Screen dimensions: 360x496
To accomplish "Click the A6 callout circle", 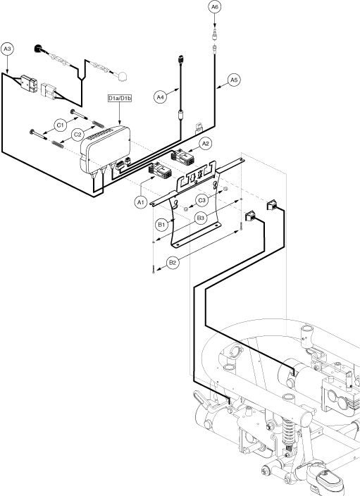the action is pyautogui.click(x=214, y=7).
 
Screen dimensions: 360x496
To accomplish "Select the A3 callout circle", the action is pyautogui.click(x=7, y=49).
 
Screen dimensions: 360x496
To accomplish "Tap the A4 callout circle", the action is pyautogui.click(x=161, y=97).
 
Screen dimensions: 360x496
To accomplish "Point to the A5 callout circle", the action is pyautogui.click(x=233, y=80).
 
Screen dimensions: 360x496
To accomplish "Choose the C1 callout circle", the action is pyautogui.click(x=60, y=125).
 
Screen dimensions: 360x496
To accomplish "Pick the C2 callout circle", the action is pyautogui.click(x=77, y=135).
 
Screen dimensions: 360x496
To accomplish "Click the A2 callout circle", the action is pyautogui.click(x=206, y=144).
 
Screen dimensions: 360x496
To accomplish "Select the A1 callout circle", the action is pyautogui.click(x=140, y=201).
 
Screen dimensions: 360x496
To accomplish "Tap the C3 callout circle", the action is pyautogui.click(x=201, y=200).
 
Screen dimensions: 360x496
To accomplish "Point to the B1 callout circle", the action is pyautogui.click(x=161, y=225).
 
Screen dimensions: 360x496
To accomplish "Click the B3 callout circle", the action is pyautogui.click(x=201, y=218).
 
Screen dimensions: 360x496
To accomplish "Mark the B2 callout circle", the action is pyautogui.click(x=173, y=263).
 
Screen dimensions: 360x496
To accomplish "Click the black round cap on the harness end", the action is pyautogui.click(x=37, y=49).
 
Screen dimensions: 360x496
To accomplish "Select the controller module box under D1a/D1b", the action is pyautogui.click(x=106, y=149).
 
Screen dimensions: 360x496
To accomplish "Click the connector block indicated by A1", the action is pyautogui.click(x=160, y=170).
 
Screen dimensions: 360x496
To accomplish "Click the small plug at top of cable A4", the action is pyautogui.click(x=180, y=59).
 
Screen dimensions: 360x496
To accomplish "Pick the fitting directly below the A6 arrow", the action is pyautogui.click(x=214, y=34).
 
